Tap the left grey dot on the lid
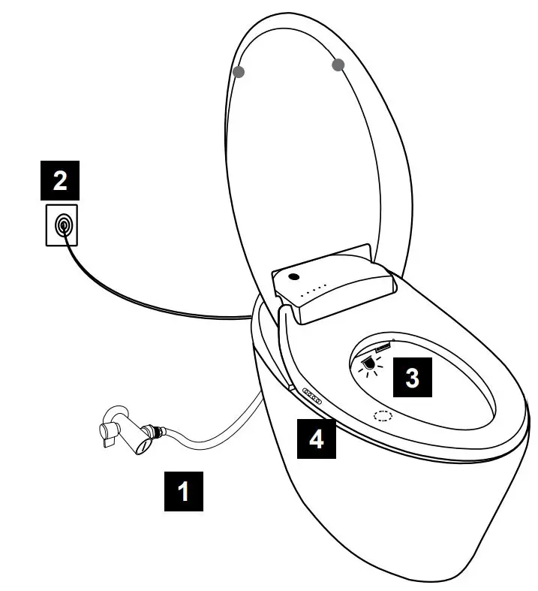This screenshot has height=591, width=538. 239,72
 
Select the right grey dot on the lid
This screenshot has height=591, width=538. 338,65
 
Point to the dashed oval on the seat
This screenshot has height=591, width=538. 384,415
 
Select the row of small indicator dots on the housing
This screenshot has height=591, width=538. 316,290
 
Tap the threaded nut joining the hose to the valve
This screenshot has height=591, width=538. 157,433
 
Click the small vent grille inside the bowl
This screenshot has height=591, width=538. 382,348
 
